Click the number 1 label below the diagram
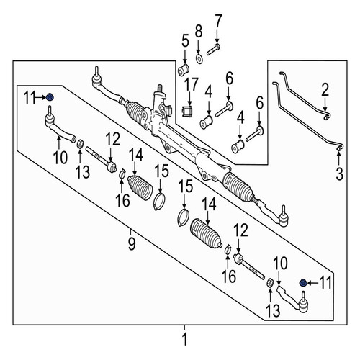184,340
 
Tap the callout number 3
339,174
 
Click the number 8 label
199,32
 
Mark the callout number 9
132,243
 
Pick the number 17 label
191,84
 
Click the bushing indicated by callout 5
184,70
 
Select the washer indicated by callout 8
199,59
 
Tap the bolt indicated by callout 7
213,49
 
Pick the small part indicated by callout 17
187,112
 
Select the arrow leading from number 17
189,99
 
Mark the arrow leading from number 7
217,37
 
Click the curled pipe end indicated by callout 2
326,116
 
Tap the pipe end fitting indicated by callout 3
339,148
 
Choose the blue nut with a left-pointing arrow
303,283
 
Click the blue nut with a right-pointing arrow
50,97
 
